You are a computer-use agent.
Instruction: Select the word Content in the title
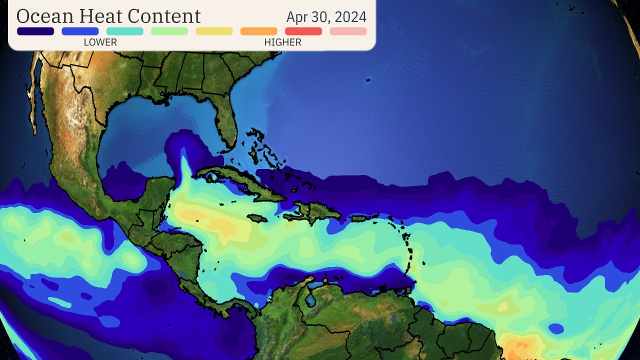click(x=164, y=16)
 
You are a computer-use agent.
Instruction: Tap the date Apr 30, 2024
click(x=326, y=16)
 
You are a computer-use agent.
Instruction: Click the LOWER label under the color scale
click(x=100, y=42)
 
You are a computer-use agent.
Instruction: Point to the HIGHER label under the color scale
click(x=282, y=42)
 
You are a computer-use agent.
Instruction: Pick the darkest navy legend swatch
click(x=35, y=31)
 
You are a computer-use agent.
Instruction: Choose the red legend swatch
click(x=303, y=31)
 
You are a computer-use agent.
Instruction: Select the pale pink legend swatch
click(x=348, y=31)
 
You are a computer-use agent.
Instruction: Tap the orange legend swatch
click(x=258, y=31)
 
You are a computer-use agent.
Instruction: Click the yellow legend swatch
click(x=214, y=31)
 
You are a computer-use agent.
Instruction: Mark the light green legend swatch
click(x=169, y=31)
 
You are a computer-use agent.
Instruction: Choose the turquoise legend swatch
click(x=124, y=31)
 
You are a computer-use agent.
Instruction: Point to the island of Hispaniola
click(x=312, y=212)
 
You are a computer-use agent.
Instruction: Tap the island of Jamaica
click(x=257, y=218)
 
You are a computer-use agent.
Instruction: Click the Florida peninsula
click(x=225, y=120)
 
